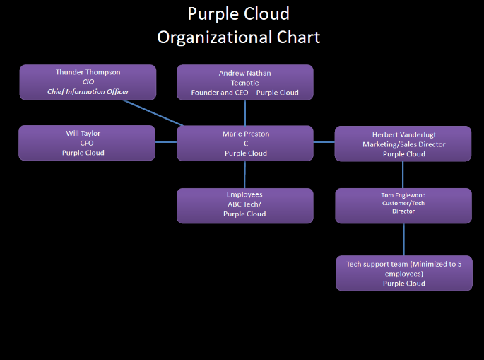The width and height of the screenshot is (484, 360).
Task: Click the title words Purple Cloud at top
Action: pos(239,14)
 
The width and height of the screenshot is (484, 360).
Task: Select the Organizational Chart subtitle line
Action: pos(239,37)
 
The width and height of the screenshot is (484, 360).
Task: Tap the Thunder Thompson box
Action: pos(88,82)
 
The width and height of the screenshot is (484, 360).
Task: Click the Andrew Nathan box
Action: pos(244,82)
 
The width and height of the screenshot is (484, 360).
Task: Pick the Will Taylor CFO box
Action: pos(87,142)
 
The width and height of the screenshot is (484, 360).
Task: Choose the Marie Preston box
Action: pos(244,142)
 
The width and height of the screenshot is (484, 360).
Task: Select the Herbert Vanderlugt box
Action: pos(403,144)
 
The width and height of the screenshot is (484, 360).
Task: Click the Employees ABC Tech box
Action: pos(244,205)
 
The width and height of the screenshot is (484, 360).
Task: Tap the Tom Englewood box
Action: pos(403,205)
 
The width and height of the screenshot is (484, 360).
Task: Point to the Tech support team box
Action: pos(403,273)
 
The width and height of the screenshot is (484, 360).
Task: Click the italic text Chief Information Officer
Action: pos(88,92)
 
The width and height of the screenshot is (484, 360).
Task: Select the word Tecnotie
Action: pos(244,83)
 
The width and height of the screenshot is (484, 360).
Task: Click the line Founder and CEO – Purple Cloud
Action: pos(244,93)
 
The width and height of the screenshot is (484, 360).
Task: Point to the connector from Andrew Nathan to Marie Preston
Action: pos(245,112)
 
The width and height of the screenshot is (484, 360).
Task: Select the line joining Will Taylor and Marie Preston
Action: pos(166,142)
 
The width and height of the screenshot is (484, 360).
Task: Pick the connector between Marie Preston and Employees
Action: pos(245,174)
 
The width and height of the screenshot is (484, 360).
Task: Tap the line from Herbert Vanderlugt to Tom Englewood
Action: pos(403,175)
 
